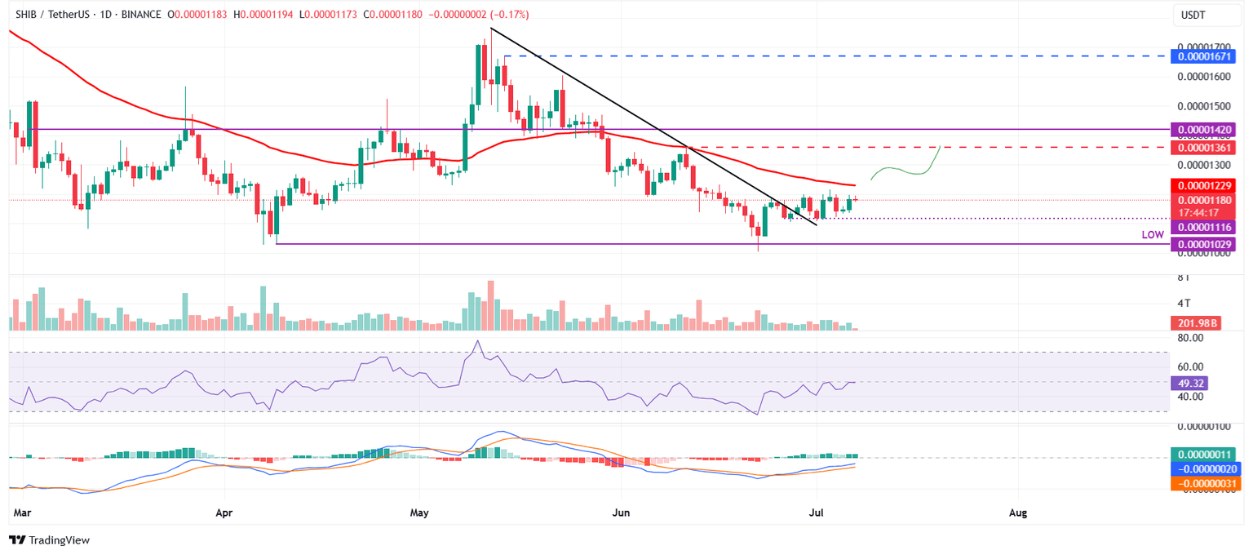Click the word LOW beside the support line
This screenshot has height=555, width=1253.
1152,235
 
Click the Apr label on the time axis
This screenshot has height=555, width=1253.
223,513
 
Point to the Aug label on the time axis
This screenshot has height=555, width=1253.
1017,513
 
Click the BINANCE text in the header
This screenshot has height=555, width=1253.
131,16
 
